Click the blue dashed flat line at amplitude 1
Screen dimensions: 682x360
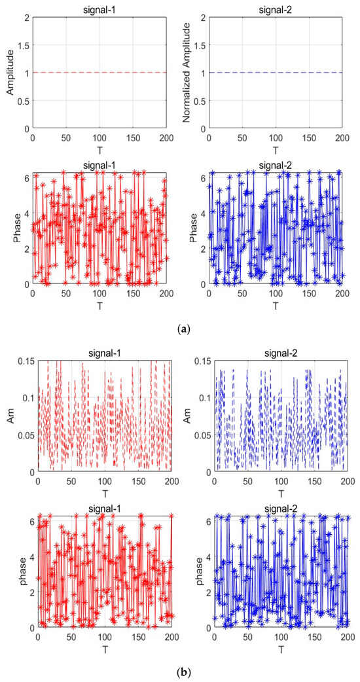pyautogui.click(x=276, y=73)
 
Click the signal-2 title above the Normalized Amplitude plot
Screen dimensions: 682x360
pyautogui.click(x=276, y=9)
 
